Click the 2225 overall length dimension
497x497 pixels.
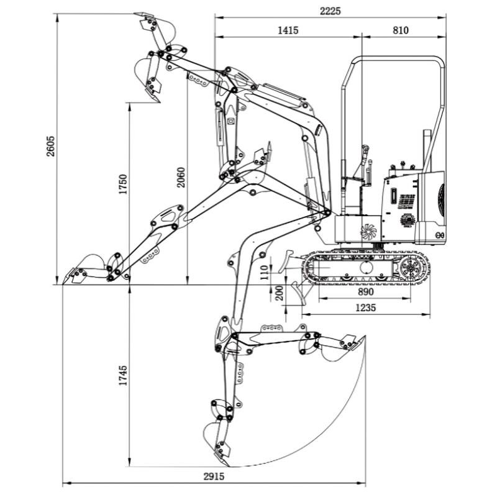330,11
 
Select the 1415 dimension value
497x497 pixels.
288,30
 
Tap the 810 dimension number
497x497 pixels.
401,30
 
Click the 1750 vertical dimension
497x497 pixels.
124,185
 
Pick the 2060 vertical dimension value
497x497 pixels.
181,178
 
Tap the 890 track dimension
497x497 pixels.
367,292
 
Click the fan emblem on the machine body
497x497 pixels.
368,231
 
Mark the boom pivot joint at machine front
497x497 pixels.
327,213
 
